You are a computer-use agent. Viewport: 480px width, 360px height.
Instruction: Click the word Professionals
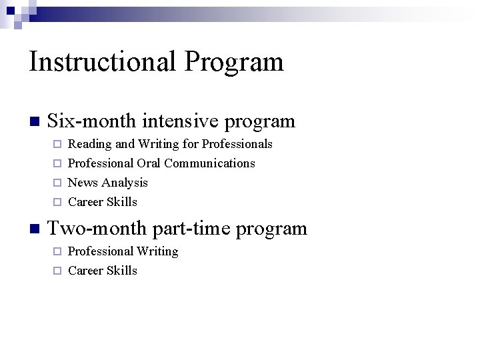click(237, 144)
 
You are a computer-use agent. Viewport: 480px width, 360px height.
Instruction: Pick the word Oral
click(149, 163)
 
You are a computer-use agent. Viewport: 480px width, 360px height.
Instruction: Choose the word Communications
click(209, 163)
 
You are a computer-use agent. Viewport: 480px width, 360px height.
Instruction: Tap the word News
click(83, 183)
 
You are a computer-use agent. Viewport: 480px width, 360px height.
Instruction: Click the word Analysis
click(124, 183)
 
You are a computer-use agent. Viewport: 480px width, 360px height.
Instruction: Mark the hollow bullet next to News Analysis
click(57, 183)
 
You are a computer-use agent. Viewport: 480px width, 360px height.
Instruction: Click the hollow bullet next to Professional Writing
click(57, 251)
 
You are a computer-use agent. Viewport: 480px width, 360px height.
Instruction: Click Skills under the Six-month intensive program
click(123, 202)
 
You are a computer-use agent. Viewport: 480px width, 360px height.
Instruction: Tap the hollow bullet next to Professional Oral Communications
click(57, 163)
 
